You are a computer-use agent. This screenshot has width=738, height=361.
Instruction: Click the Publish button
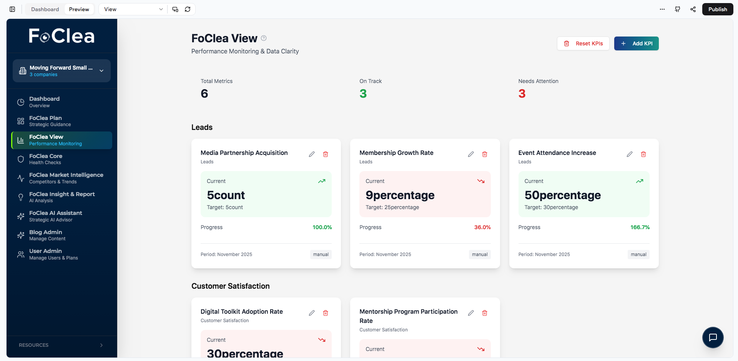[717, 9]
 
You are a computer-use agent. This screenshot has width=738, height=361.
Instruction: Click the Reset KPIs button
[583, 43]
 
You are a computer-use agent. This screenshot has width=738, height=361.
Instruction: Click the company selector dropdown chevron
[101, 71]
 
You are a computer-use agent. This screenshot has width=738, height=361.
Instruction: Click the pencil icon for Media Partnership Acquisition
[312, 154]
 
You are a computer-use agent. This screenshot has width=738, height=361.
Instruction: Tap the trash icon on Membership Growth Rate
[485, 154]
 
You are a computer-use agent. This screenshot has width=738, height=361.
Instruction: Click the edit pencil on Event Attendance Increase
[630, 154]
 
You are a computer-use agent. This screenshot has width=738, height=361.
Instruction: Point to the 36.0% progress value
[482, 227]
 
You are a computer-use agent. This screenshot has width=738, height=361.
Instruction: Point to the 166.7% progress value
[640, 227]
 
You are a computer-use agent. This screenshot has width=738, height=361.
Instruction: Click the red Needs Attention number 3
[522, 93]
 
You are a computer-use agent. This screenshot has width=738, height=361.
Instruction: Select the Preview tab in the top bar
[79, 9]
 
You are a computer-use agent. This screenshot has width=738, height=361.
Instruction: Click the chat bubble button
[713, 337]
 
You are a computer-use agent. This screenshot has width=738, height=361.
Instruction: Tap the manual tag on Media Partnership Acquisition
[321, 255]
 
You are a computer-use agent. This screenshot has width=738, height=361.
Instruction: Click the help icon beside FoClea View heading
[264, 38]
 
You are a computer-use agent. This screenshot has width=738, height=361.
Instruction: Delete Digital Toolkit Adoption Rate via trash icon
[326, 313]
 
